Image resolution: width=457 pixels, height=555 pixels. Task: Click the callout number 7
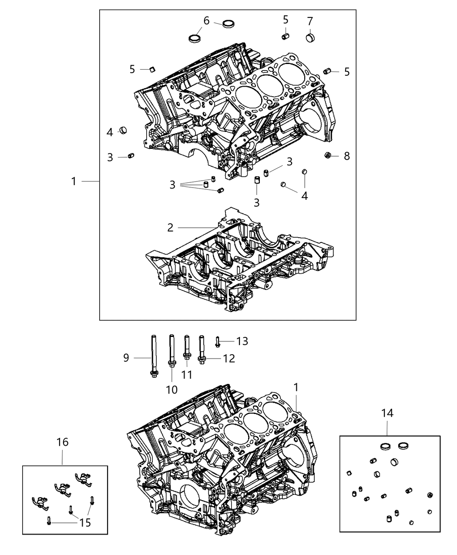click(x=309, y=21)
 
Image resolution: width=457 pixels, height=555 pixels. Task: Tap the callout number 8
click(x=346, y=156)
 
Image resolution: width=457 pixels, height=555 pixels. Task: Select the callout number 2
click(x=170, y=227)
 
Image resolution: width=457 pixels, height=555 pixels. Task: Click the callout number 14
click(x=387, y=413)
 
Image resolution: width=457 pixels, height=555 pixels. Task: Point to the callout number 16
click(x=62, y=442)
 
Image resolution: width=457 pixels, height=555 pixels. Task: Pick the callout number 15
click(x=85, y=522)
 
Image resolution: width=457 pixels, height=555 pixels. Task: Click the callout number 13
click(x=242, y=341)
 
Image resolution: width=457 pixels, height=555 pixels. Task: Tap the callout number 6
click(x=206, y=20)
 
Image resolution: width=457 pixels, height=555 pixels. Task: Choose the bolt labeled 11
click(x=187, y=348)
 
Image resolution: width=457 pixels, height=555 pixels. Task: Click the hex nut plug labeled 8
click(x=329, y=155)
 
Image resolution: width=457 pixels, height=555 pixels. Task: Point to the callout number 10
click(x=171, y=390)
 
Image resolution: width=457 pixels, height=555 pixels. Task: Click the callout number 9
click(x=126, y=358)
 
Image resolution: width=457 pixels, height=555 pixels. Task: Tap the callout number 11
click(x=187, y=375)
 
